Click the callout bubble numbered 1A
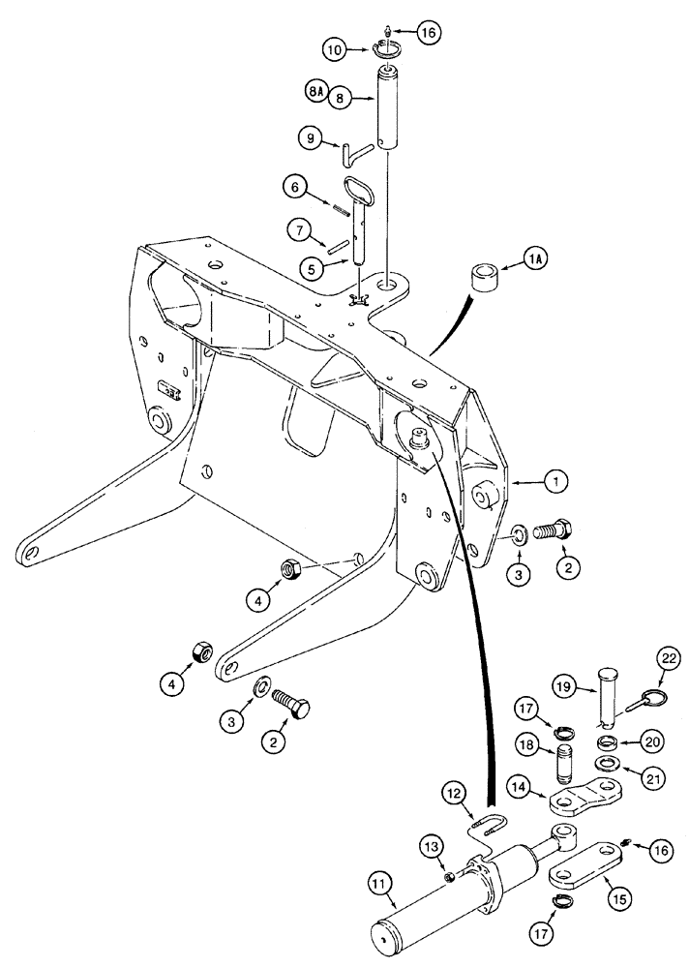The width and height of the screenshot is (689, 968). coord(513,259)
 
